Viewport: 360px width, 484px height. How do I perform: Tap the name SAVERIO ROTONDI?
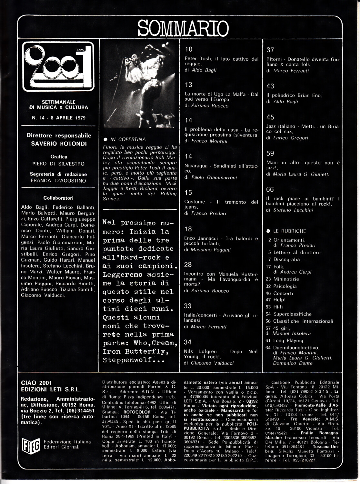click(x=59, y=144)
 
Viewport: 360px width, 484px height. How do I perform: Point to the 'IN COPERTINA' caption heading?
click(x=128, y=139)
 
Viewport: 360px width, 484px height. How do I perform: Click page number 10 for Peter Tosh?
click(x=188, y=49)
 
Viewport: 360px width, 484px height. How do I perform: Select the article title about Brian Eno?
click(x=294, y=96)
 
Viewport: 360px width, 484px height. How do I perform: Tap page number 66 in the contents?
click(x=270, y=189)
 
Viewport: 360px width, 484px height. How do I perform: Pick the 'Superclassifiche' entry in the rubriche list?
click(x=292, y=314)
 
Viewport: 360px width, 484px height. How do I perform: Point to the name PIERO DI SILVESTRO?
click(x=58, y=164)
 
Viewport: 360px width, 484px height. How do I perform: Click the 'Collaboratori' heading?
click(x=58, y=198)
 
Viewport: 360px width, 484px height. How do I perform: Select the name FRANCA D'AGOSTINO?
click(x=58, y=181)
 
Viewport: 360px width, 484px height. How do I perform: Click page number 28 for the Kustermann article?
click(x=188, y=265)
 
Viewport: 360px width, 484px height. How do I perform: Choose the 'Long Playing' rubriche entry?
click(x=288, y=340)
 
